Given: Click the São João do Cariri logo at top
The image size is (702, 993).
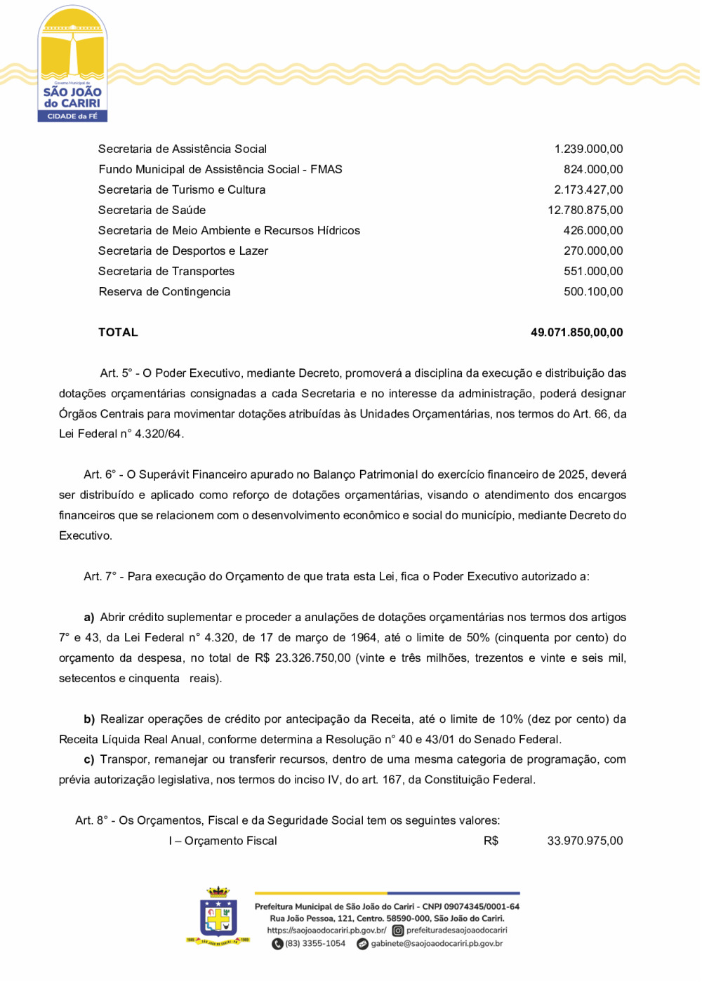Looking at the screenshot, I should [x=72, y=65].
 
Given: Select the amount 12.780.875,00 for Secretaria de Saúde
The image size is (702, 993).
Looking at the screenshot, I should [x=585, y=210].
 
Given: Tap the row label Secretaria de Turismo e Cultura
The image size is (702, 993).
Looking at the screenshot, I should [x=182, y=189].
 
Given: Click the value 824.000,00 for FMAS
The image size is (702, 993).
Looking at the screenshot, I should [x=593, y=169].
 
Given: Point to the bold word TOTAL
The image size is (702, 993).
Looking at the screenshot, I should [x=118, y=333].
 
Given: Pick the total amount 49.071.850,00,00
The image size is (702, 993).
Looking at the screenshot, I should [x=576, y=333].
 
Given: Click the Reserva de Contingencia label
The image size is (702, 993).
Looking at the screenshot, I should [x=164, y=291].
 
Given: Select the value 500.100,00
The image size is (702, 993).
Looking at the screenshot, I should [x=593, y=291].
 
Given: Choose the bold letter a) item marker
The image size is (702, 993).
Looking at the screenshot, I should [x=89, y=618].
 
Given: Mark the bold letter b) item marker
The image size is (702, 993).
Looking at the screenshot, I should [x=89, y=719].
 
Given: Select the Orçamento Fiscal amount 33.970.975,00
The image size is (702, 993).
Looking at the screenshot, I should [x=585, y=841].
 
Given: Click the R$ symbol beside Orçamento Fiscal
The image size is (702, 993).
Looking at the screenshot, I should [x=491, y=841].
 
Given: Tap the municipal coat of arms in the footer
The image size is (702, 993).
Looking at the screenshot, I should [x=218, y=915].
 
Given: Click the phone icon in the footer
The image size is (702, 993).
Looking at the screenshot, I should [x=277, y=944].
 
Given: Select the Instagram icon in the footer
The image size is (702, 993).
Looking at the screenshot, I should [x=397, y=931].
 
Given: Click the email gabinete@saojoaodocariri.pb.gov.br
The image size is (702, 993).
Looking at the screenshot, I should [x=437, y=944].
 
